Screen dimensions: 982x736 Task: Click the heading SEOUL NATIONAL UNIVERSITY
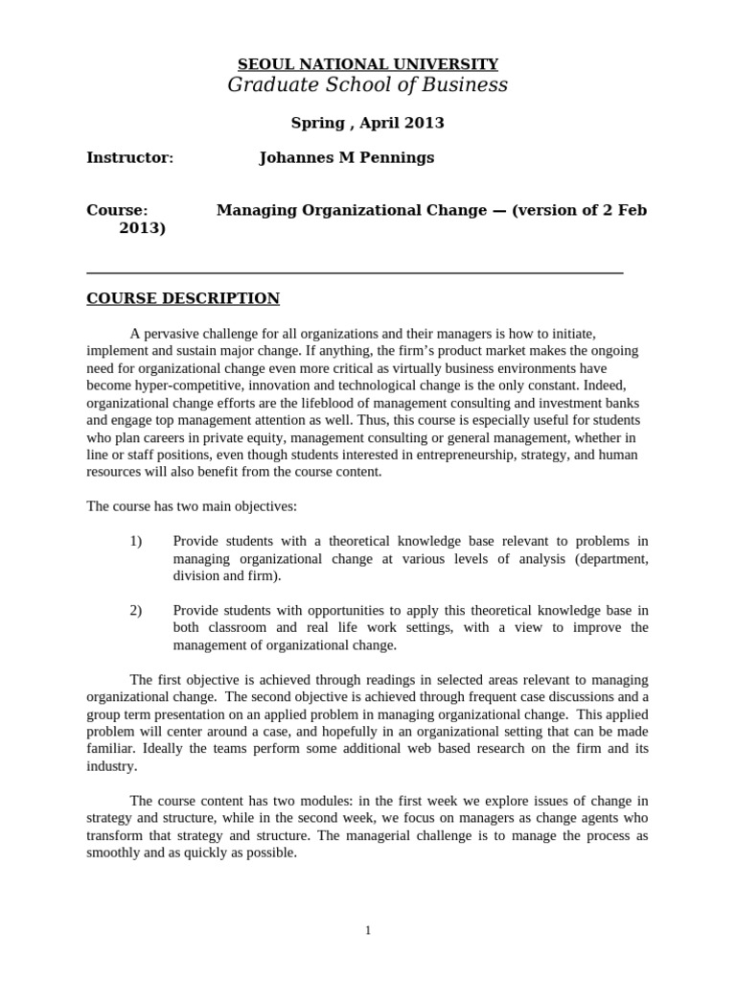coord(368,64)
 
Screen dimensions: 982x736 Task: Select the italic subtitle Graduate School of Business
coord(368,86)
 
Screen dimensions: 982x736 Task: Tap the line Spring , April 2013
coord(368,123)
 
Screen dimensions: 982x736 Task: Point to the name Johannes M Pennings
coord(347,157)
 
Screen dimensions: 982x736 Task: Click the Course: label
coord(117,210)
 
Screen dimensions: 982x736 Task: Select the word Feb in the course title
coord(632,210)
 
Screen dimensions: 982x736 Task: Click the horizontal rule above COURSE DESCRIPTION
coord(355,273)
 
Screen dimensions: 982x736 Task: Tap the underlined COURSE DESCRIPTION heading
coord(183,298)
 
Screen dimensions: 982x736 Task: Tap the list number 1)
coord(135,542)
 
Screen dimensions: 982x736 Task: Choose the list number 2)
coord(135,610)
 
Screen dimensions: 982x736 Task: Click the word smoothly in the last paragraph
coord(114,853)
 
